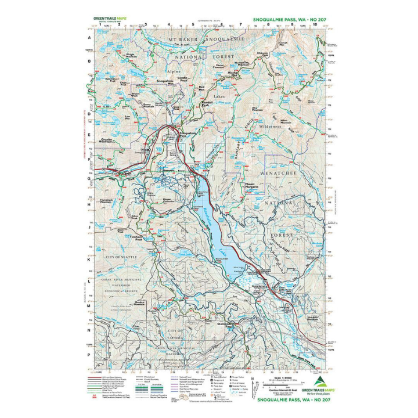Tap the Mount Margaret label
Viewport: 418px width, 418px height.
click(x=254, y=185)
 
